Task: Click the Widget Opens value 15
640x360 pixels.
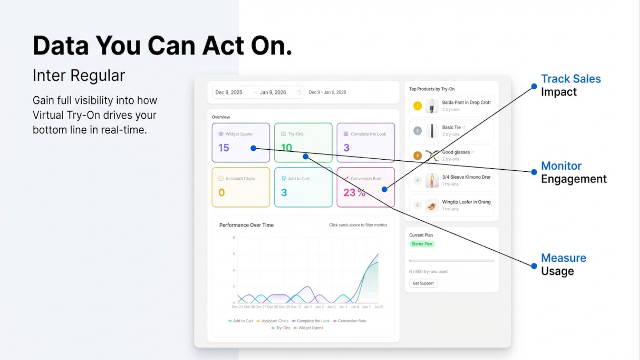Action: point(224,148)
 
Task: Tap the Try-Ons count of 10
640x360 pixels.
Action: point(286,148)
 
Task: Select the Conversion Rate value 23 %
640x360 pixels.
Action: point(354,193)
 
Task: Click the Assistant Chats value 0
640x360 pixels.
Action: point(222,193)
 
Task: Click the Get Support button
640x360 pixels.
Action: point(423,283)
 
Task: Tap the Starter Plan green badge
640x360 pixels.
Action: point(422,244)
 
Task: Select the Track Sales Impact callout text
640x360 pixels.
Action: point(570,85)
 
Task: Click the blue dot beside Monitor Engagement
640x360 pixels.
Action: point(534,172)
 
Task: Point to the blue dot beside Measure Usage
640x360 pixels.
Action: point(534,266)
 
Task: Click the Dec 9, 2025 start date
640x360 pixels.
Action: point(229,92)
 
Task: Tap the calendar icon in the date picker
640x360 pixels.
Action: point(298,92)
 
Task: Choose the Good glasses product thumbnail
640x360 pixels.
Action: point(432,156)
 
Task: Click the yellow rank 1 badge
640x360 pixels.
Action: point(418,106)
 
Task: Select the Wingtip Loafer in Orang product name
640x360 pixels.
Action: point(466,202)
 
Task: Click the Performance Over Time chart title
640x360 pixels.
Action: point(246,225)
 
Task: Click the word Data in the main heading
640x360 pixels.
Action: point(60,46)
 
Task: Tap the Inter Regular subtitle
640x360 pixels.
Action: point(79,76)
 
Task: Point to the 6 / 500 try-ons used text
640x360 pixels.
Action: point(428,272)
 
